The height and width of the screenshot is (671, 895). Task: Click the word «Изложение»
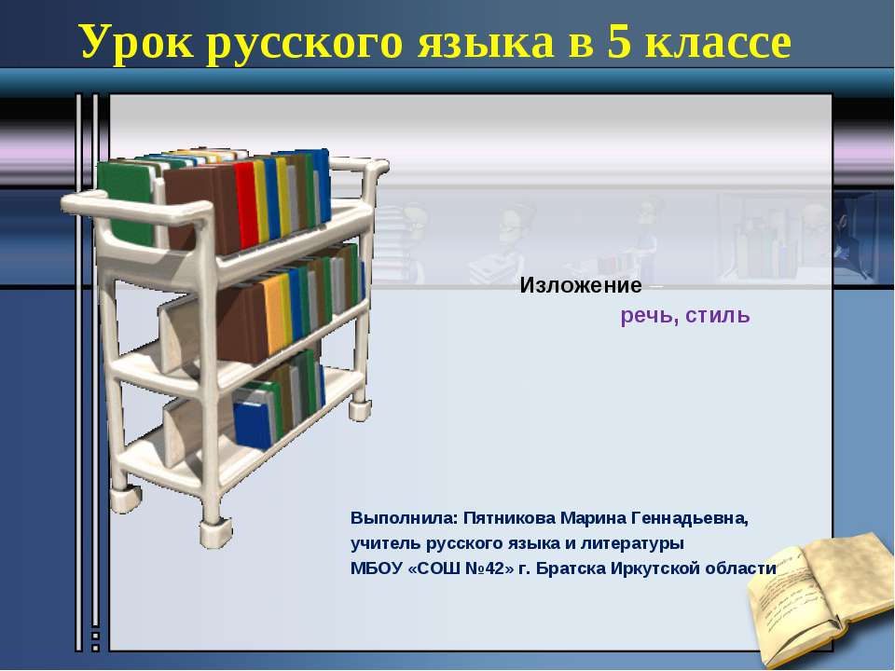click(x=581, y=285)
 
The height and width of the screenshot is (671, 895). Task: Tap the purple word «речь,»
click(x=649, y=316)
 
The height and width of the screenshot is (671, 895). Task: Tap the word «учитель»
click(x=386, y=543)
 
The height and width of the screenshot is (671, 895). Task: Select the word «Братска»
click(x=576, y=568)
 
